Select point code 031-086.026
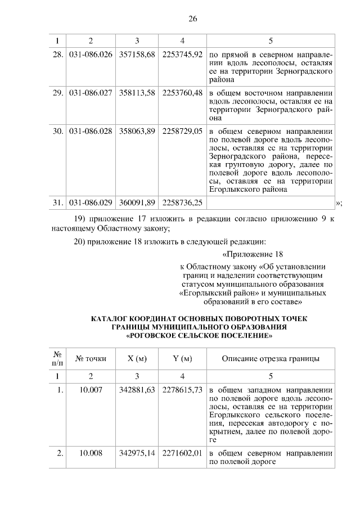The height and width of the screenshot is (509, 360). pyautogui.click(x=91, y=55)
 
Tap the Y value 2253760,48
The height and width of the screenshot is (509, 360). pyautogui.click(x=182, y=93)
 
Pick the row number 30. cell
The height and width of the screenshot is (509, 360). pyautogui.click(x=56, y=130)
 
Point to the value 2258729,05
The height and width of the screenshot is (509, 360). pyautogui.click(x=182, y=130)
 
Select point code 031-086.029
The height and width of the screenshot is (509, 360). pyautogui.click(x=91, y=201)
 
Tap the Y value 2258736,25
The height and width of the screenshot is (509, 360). pyautogui.click(x=182, y=201)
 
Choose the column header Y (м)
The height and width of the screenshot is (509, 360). pyautogui.click(x=182, y=359)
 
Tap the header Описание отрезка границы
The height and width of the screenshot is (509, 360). pyautogui.click(x=271, y=359)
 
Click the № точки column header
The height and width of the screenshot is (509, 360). pyautogui.click(x=91, y=359)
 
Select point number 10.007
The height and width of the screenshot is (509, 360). pyautogui.click(x=91, y=390)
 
